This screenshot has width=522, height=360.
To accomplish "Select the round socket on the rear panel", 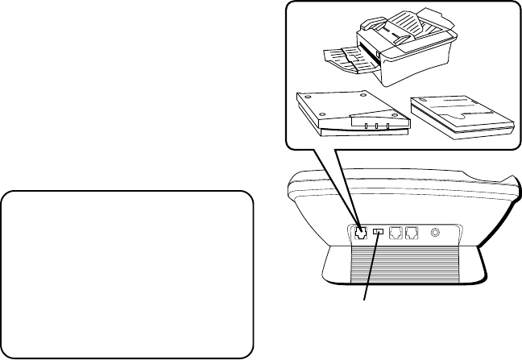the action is click(x=436, y=233).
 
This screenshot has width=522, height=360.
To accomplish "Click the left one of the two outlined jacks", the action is click(x=396, y=234).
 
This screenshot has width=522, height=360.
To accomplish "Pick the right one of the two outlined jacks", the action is click(x=412, y=234).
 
